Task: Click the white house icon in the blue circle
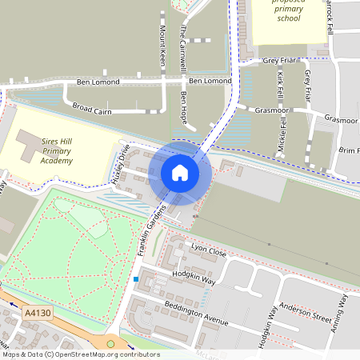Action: point(180,172)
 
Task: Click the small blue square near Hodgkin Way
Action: point(137,279)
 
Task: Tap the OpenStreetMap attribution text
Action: point(80,354)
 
